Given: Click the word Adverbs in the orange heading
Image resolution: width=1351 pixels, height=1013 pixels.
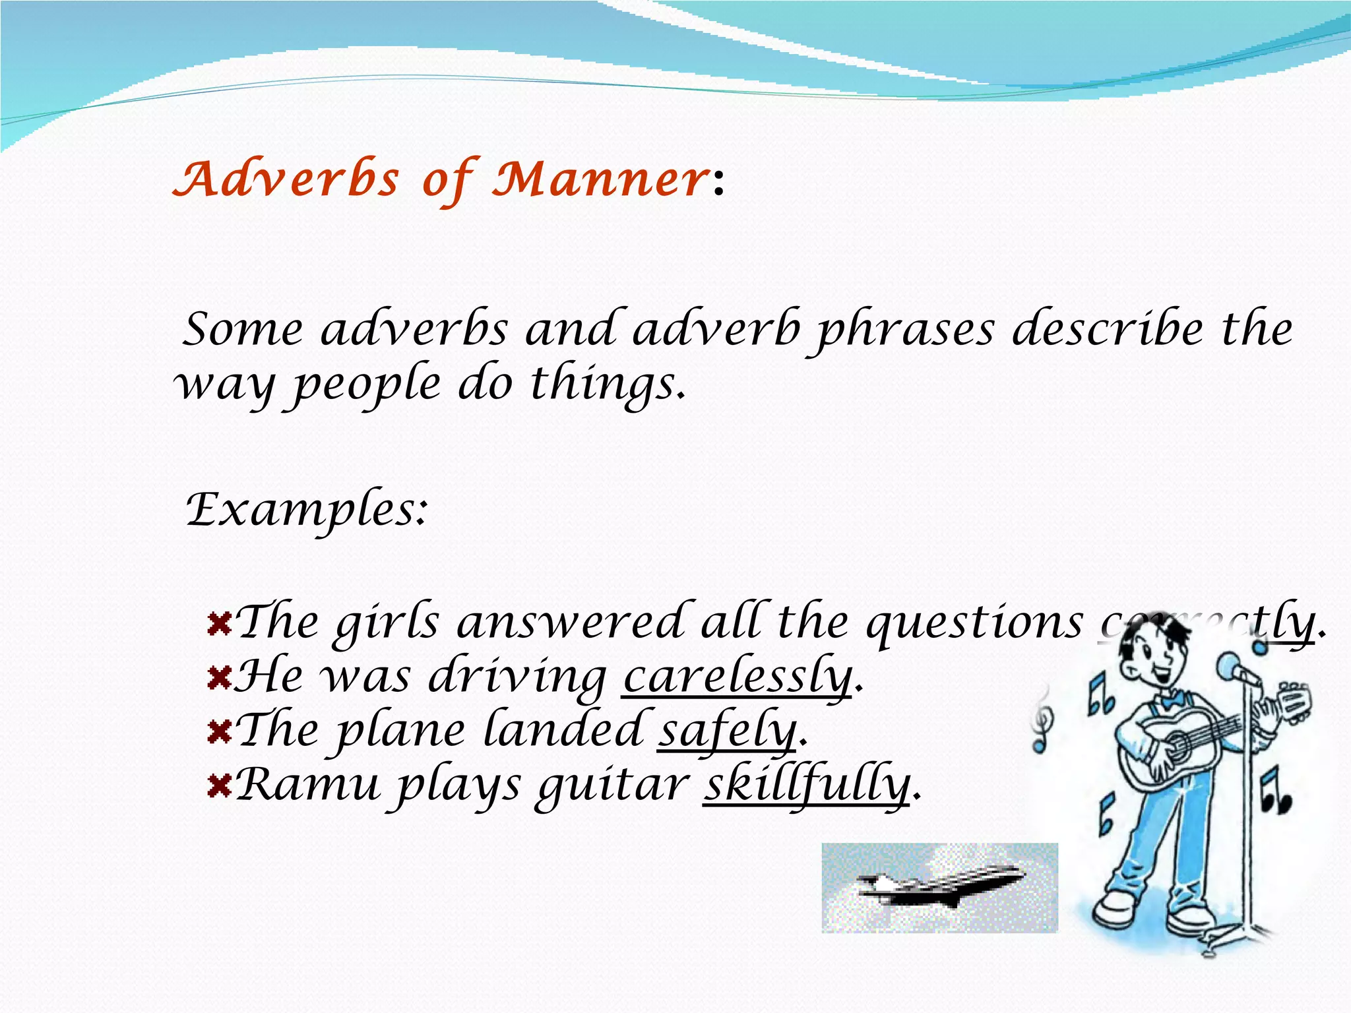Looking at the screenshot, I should [x=286, y=179].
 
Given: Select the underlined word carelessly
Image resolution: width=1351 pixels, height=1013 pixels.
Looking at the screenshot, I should [x=738, y=677].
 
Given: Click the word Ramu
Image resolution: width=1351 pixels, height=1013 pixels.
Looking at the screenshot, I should [x=307, y=785].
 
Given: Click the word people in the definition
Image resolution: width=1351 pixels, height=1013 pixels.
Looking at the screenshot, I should [x=366, y=385].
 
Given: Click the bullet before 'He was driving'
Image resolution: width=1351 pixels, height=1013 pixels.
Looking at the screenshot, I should [x=218, y=677].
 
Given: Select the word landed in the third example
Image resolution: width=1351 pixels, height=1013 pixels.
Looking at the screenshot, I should [x=564, y=731].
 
